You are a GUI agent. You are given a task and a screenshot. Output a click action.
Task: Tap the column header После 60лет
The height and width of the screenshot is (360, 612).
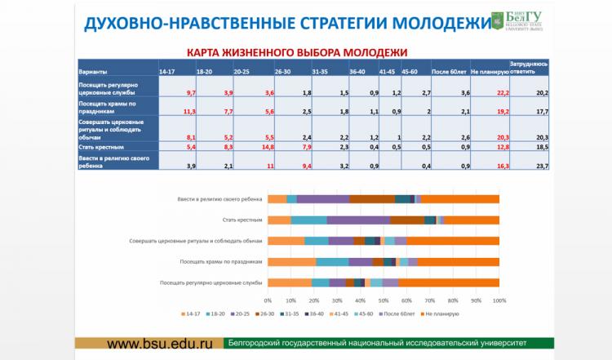(x=450, y=72)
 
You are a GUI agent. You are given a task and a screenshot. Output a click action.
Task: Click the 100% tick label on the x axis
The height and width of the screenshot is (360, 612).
(x=499, y=300)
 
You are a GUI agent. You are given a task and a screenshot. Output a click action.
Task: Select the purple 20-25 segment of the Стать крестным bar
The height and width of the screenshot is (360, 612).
(x=358, y=220)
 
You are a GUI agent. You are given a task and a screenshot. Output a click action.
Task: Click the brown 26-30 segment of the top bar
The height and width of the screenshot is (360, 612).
(x=372, y=198)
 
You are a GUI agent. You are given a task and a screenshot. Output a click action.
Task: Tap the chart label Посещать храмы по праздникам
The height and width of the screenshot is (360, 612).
(x=223, y=262)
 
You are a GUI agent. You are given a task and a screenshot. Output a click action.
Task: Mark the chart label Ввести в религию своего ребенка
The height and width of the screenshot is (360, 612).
(x=220, y=198)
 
